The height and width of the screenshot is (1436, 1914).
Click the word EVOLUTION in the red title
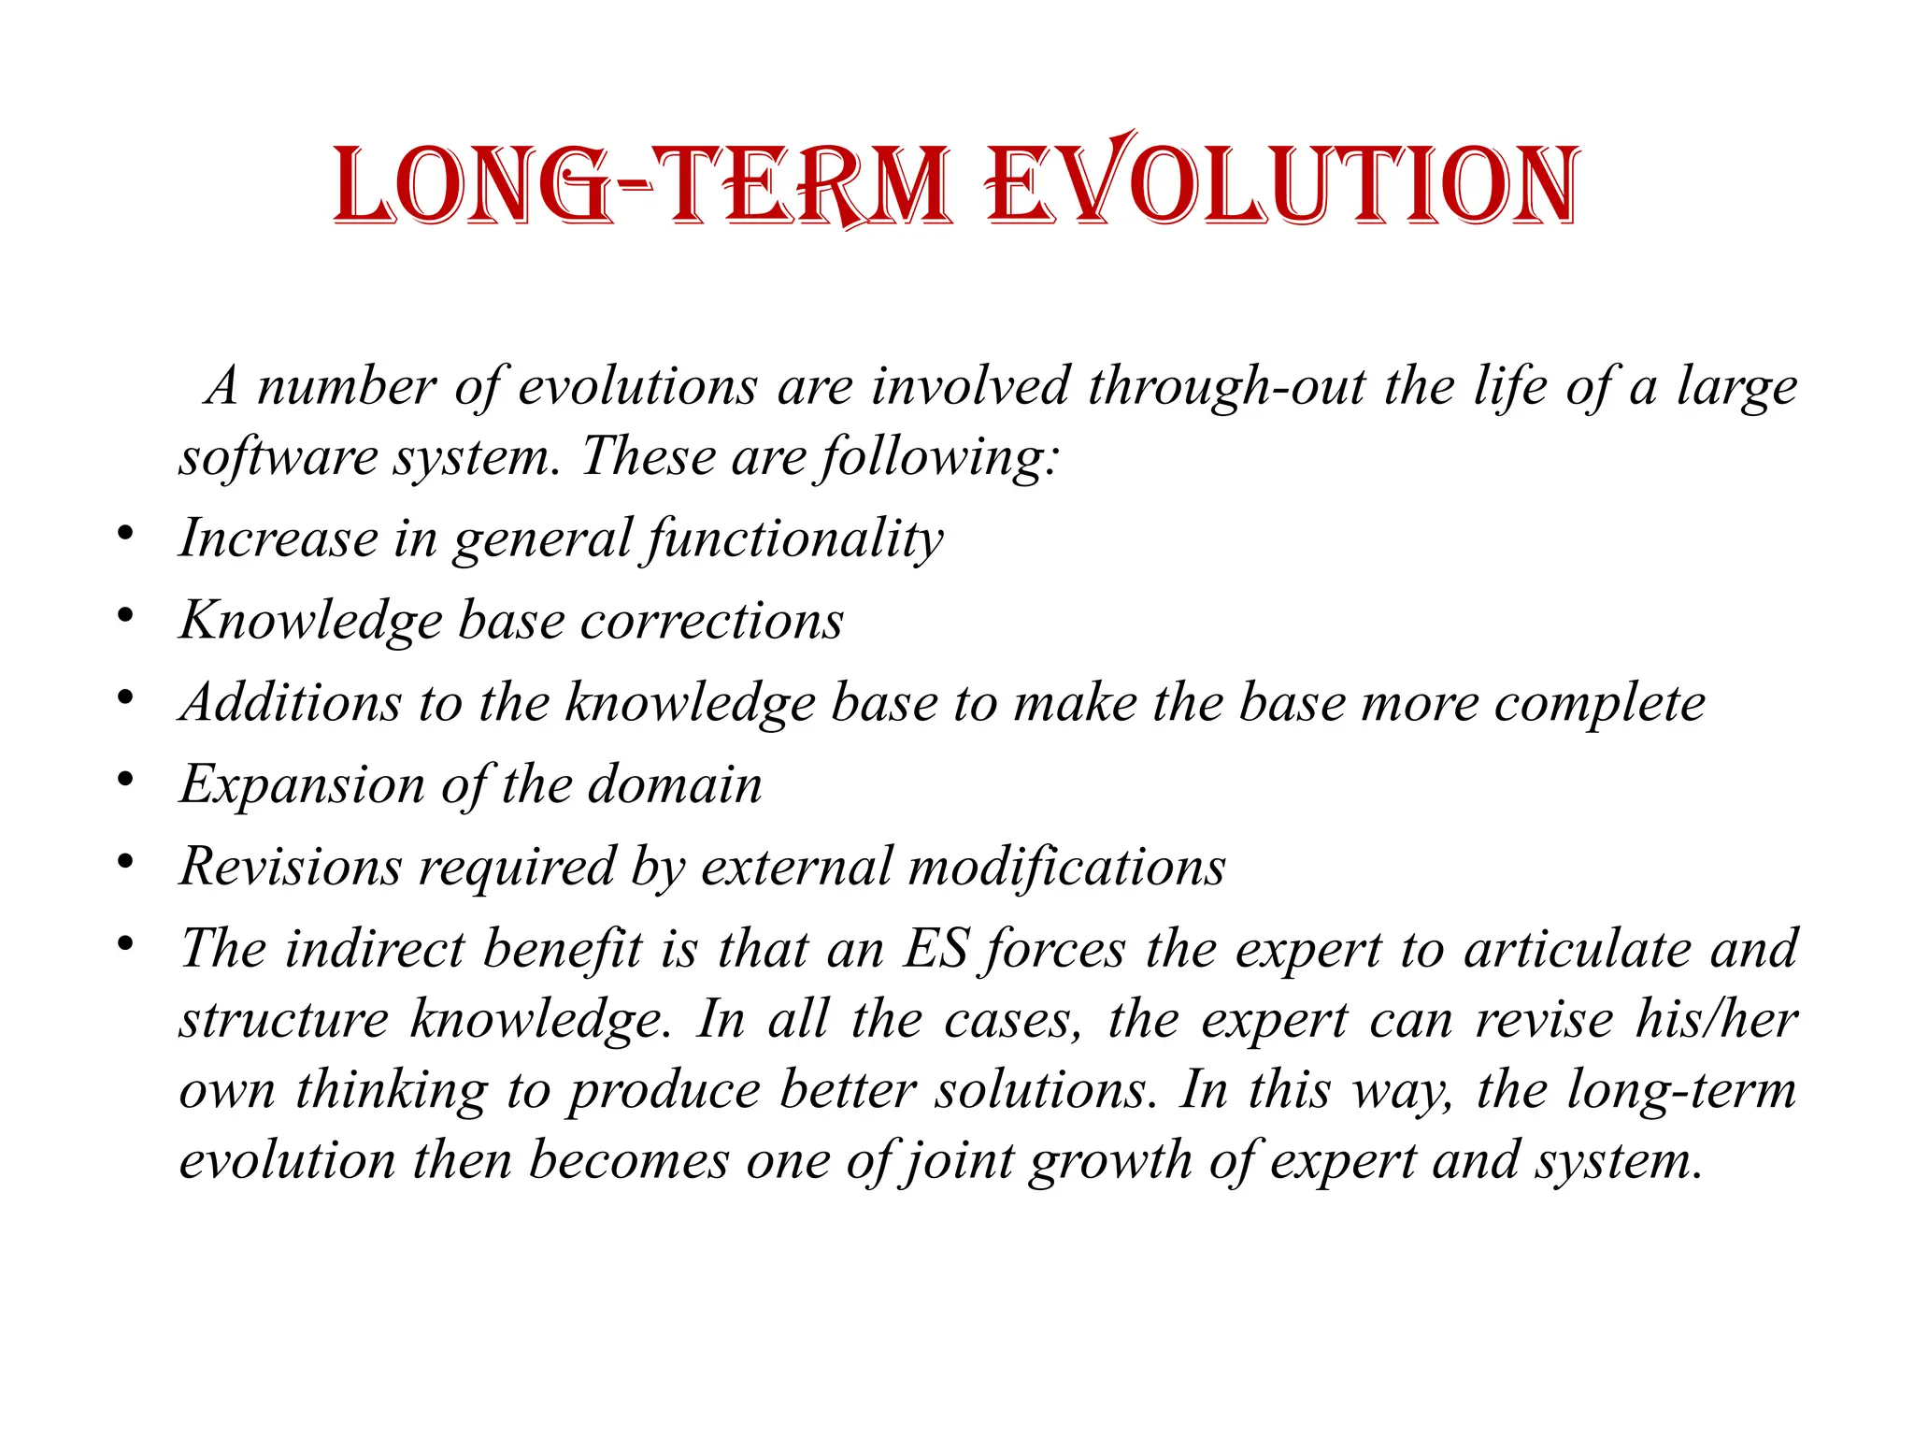click(x=1283, y=184)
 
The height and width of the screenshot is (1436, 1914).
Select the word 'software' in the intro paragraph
click(x=276, y=458)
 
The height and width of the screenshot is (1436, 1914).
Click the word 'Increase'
click(x=278, y=538)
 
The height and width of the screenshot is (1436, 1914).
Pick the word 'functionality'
click(x=794, y=540)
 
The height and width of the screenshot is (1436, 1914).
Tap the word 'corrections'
click(x=711, y=621)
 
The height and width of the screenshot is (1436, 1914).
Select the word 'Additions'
click(x=291, y=702)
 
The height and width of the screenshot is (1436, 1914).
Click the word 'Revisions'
click(x=290, y=867)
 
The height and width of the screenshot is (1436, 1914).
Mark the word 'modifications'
click(x=1066, y=867)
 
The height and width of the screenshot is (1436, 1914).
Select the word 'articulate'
click(x=1577, y=949)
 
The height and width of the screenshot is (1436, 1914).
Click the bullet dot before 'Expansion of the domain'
click(x=125, y=779)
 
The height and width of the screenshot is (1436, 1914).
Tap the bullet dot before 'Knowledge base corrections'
click(x=125, y=615)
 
